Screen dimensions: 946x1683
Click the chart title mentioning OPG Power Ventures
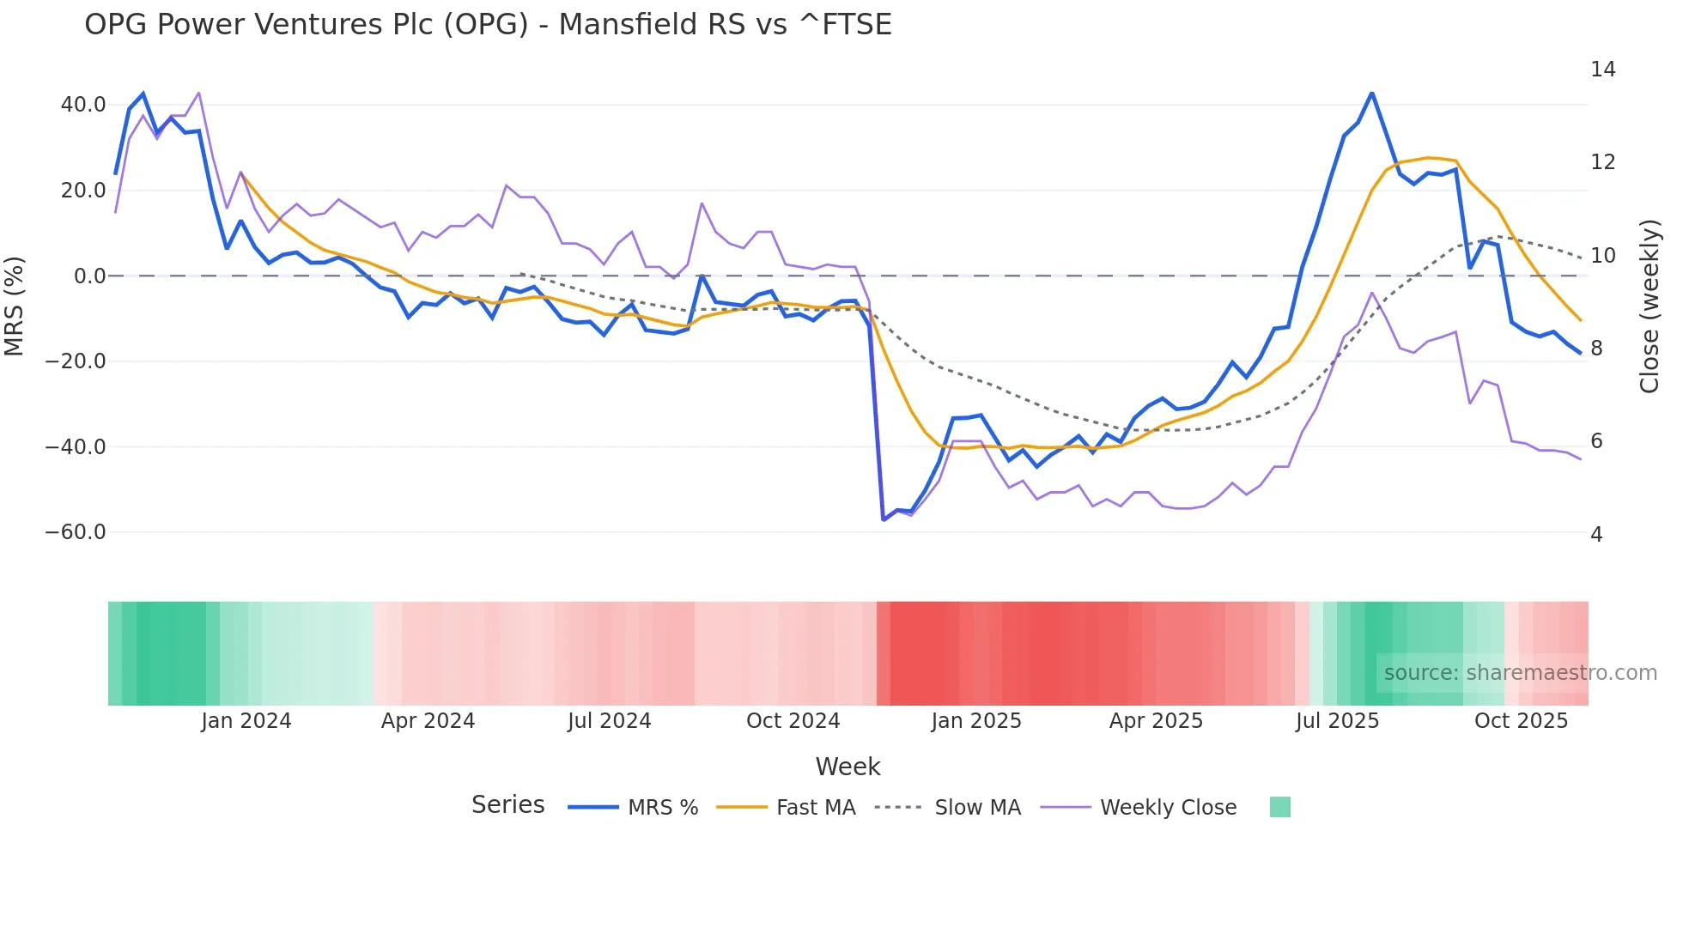coord(488,25)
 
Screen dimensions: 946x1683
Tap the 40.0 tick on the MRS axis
coord(83,105)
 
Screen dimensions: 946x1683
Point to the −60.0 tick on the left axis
coord(76,532)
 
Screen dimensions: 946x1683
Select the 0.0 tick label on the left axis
coord(90,276)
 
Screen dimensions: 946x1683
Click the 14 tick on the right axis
coord(1602,70)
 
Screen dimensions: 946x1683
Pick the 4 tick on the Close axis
coord(1596,535)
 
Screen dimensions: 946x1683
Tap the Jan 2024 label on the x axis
coord(246,721)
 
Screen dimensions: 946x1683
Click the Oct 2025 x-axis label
coord(1521,721)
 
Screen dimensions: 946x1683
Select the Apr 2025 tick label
coord(1156,721)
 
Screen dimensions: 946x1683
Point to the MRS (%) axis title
coord(15,306)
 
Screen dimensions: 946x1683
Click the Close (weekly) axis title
coord(1650,306)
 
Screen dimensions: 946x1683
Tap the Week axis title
coord(848,767)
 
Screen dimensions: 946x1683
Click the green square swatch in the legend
coord(1279,807)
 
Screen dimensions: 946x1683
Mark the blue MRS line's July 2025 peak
coord(1371,93)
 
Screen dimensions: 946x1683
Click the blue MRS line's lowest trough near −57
coord(884,519)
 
